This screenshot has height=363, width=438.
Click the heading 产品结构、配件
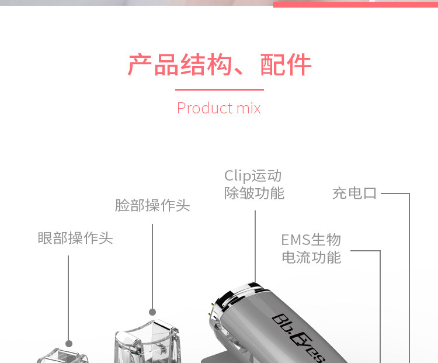[x=219, y=65]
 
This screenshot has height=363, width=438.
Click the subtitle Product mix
[x=219, y=108]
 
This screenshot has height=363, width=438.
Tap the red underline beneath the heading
[x=219, y=89]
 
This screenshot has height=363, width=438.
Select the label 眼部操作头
[x=75, y=238]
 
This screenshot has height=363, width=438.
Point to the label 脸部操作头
[x=152, y=206]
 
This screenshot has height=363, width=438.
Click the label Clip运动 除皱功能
[x=254, y=184]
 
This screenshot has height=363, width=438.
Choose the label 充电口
[x=354, y=193]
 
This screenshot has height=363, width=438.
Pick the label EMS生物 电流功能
[x=311, y=248]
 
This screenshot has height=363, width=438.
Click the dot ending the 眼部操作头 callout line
[x=69, y=344]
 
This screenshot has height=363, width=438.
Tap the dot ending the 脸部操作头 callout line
[x=152, y=312]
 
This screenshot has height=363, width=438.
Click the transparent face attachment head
[x=149, y=342]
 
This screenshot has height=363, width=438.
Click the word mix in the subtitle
[x=249, y=108]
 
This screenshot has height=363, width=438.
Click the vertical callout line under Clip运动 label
[x=255, y=246]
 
